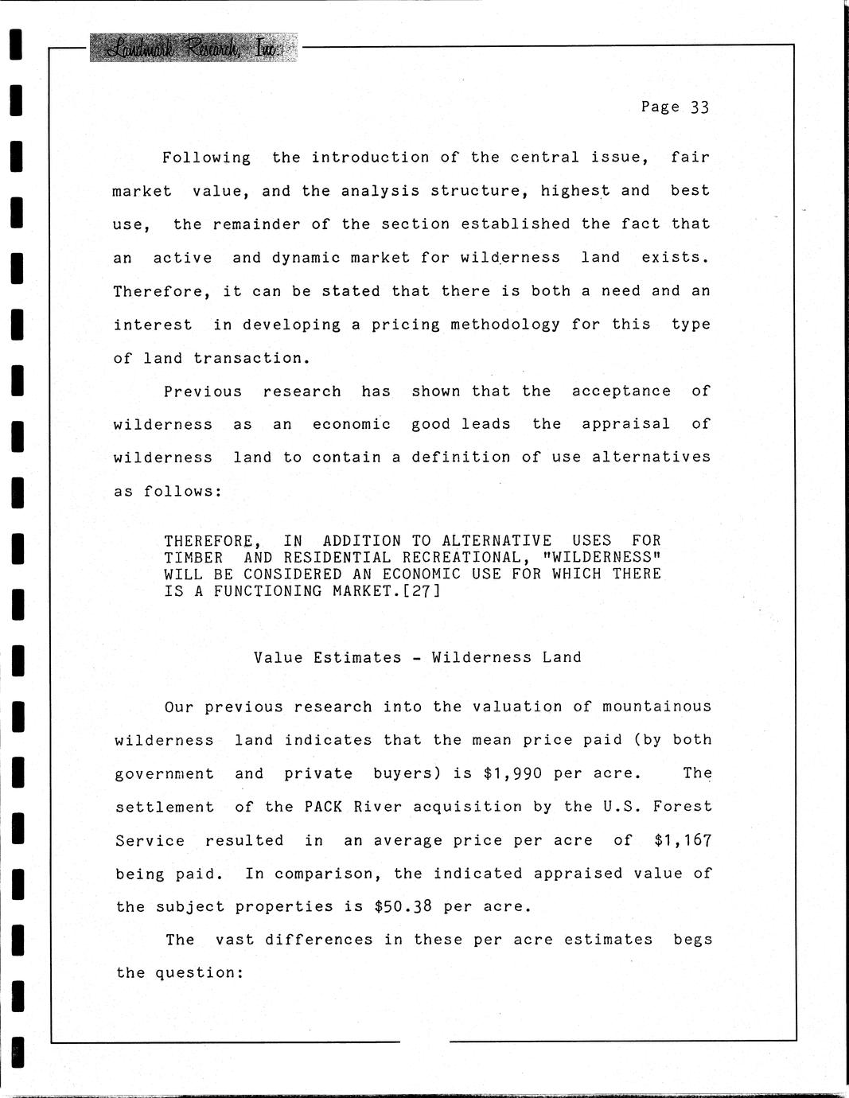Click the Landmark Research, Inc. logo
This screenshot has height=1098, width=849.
click(x=193, y=49)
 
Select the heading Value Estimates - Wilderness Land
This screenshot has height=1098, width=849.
click(x=418, y=657)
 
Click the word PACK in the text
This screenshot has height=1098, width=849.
click(x=324, y=807)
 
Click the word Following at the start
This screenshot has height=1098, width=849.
click(x=206, y=158)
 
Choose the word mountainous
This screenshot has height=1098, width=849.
click(x=656, y=707)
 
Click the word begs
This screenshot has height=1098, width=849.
click(x=692, y=940)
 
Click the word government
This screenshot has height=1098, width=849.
click(x=165, y=773)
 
